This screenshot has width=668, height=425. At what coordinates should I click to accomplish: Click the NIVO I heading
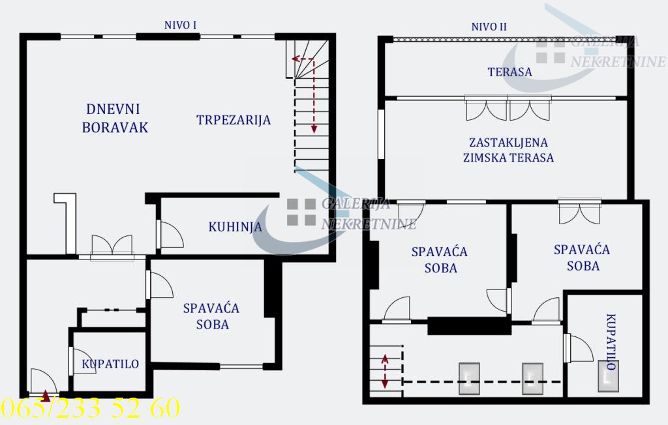point(181,25)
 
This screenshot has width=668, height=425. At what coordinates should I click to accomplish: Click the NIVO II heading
point(489,27)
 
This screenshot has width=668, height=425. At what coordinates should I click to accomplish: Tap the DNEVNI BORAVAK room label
point(115,118)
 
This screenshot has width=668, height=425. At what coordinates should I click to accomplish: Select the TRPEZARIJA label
point(233,120)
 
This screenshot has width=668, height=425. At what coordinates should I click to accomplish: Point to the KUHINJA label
point(235,227)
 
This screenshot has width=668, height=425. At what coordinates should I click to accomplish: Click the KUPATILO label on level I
point(110,364)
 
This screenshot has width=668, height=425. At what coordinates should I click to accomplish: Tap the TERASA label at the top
point(509,72)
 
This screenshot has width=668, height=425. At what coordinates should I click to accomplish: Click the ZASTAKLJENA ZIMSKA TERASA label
point(508,149)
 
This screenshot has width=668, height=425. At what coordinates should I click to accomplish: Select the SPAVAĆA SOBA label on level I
point(211,315)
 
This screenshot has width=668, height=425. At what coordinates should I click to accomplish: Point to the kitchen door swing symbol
point(170,234)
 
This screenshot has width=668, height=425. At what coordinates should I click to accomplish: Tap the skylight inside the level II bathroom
point(607,376)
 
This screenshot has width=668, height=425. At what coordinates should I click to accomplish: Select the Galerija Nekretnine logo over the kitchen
point(339,215)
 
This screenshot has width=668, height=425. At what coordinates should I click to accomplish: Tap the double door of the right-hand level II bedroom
point(579,212)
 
